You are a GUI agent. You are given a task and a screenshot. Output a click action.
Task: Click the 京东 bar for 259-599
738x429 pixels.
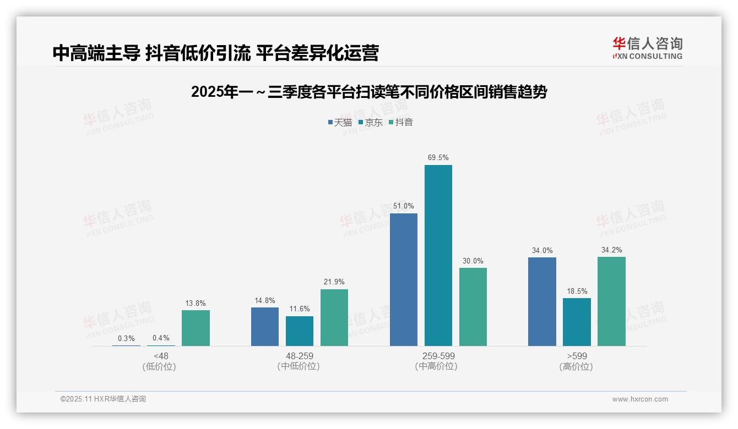point(438,255)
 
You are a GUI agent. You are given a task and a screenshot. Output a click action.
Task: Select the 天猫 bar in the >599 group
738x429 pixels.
point(542,301)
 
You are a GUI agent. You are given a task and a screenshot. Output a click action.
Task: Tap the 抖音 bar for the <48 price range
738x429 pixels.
point(196,328)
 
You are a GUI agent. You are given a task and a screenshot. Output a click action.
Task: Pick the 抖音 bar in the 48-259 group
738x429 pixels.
point(334,317)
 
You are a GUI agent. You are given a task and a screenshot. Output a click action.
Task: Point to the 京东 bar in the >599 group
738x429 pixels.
point(577,322)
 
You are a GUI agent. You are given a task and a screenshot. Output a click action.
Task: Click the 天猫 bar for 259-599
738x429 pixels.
point(404,279)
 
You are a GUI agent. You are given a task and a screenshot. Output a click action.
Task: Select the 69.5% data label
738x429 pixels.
point(438,158)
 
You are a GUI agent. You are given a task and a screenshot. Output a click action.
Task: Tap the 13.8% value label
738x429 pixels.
point(196,303)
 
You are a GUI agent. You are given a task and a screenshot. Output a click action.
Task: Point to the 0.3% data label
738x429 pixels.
point(126,338)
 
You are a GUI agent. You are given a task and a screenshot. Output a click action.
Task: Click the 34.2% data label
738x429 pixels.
point(611,250)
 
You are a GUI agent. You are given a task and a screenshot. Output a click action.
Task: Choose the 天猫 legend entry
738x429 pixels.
point(340,122)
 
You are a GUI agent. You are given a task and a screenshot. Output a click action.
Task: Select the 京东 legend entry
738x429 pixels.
point(370,122)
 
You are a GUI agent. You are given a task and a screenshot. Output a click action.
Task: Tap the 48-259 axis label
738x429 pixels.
point(299,356)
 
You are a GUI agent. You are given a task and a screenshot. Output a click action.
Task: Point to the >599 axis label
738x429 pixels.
point(577,356)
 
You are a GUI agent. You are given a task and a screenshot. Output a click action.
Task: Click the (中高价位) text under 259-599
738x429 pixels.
point(438,366)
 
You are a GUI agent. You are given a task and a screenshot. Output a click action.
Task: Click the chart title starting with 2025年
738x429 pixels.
point(369,92)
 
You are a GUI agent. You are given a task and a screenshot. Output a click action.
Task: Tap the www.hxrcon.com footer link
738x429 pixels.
point(640,399)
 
